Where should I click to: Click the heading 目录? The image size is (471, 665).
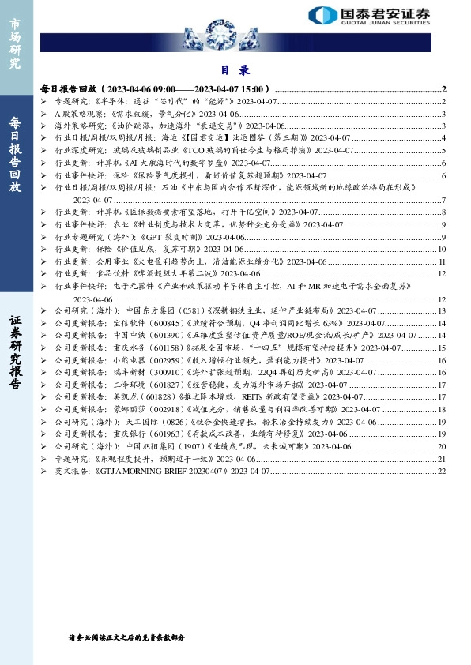(x=234, y=70)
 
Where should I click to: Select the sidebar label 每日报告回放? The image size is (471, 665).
(x=14, y=154)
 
